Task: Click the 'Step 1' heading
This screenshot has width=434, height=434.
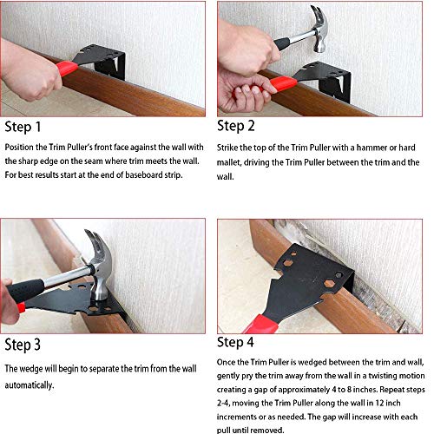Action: point(24,128)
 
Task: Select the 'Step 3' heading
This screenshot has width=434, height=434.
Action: point(24,345)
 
